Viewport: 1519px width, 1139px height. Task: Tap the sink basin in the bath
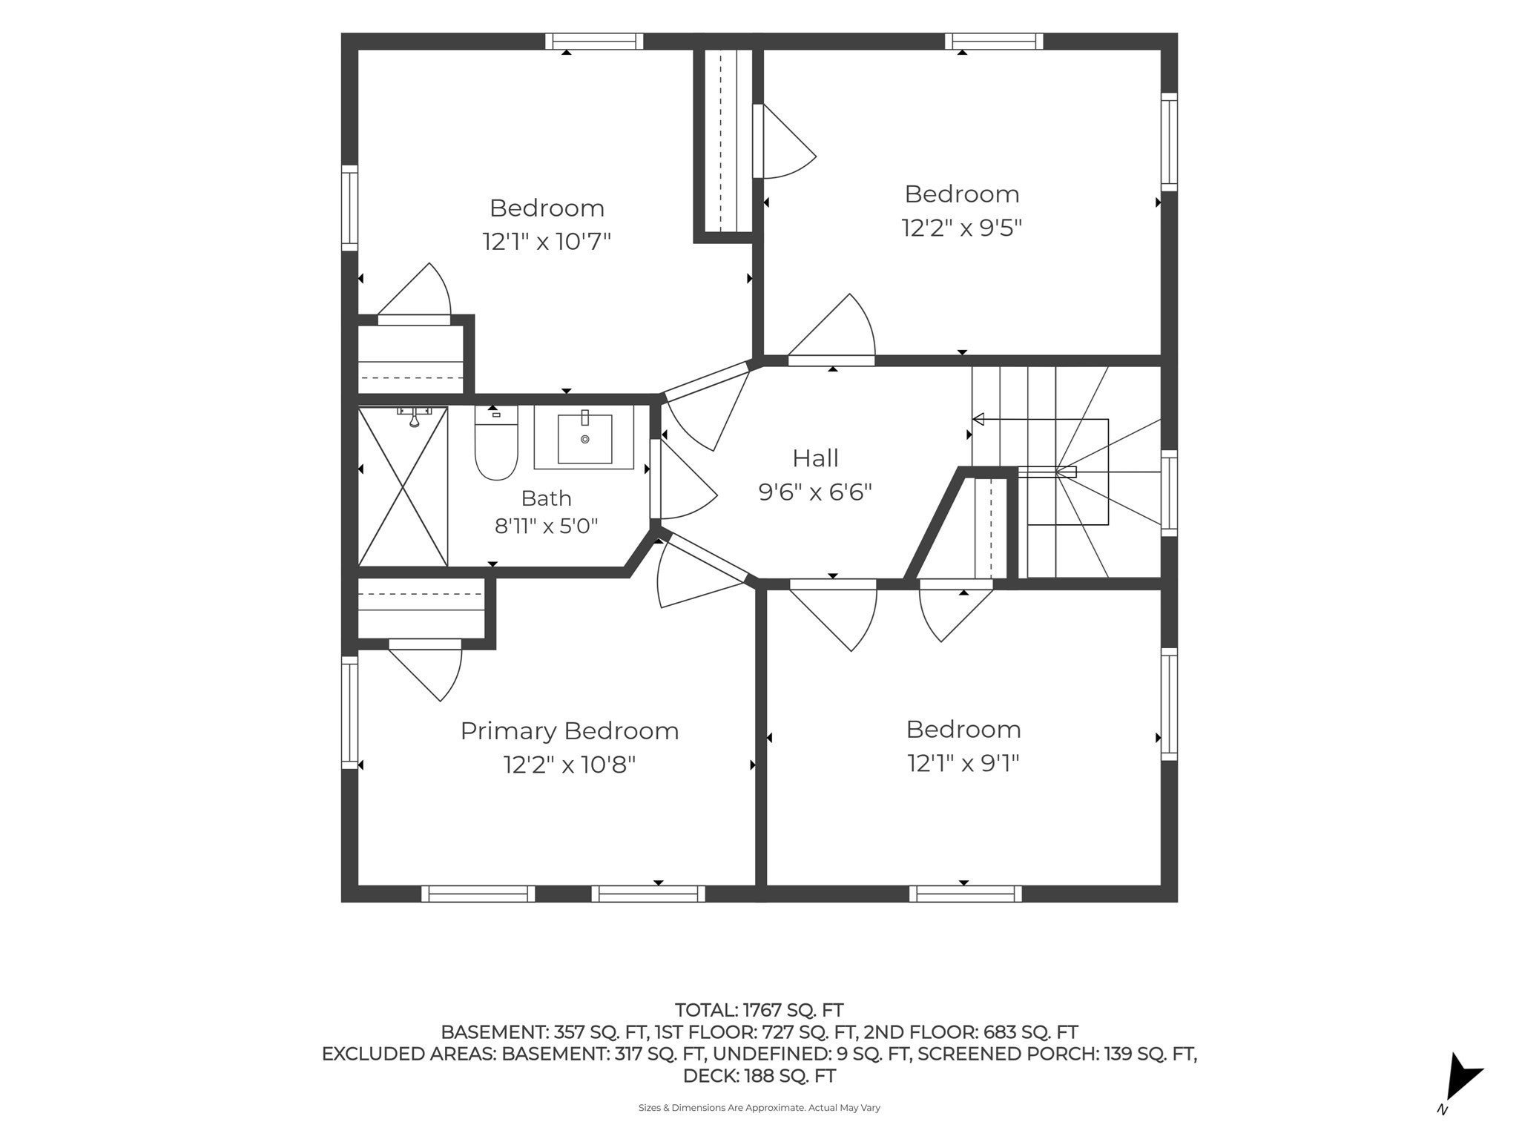click(x=585, y=438)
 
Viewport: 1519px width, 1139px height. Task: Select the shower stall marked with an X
click(x=403, y=486)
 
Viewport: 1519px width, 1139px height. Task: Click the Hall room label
click(x=815, y=458)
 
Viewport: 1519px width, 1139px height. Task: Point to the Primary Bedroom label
click(x=570, y=731)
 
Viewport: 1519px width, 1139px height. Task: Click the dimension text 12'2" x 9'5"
click(x=962, y=227)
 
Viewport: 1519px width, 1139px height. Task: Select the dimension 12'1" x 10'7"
click(x=547, y=241)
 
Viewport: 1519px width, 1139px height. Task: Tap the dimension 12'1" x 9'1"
click(x=963, y=762)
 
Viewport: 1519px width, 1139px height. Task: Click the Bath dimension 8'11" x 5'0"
click(x=547, y=526)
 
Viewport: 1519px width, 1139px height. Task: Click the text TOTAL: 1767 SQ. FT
click(x=759, y=1010)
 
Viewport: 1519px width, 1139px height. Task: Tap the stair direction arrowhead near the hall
click(x=978, y=420)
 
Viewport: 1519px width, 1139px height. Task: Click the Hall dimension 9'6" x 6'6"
click(x=815, y=492)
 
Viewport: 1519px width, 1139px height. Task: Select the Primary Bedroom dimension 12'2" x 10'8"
click(x=570, y=764)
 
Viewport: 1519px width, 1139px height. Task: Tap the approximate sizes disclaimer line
click(x=759, y=1108)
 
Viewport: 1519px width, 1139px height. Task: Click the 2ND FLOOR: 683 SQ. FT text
click(x=971, y=1032)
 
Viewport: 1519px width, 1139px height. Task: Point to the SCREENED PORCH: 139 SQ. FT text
click(x=1057, y=1054)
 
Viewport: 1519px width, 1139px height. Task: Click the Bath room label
click(x=547, y=498)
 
